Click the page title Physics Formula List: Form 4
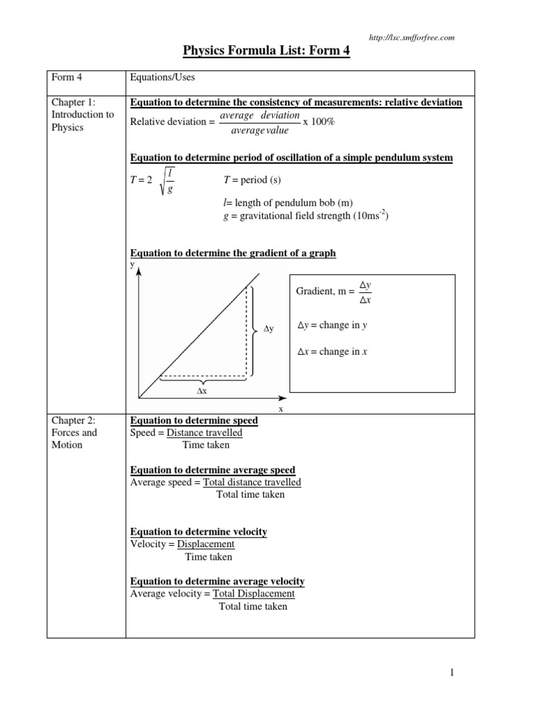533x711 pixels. click(x=266, y=51)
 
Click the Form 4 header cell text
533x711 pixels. click(x=67, y=78)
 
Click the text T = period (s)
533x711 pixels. click(x=252, y=181)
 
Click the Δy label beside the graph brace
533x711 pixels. click(x=269, y=330)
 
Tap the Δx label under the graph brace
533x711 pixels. click(x=202, y=391)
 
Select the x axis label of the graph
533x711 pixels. click(x=281, y=409)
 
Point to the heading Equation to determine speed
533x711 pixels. click(x=194, y=421)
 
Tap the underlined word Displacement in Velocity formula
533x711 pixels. click(x=205, y=544)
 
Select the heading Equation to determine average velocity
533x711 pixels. click(x=217, y=581)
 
